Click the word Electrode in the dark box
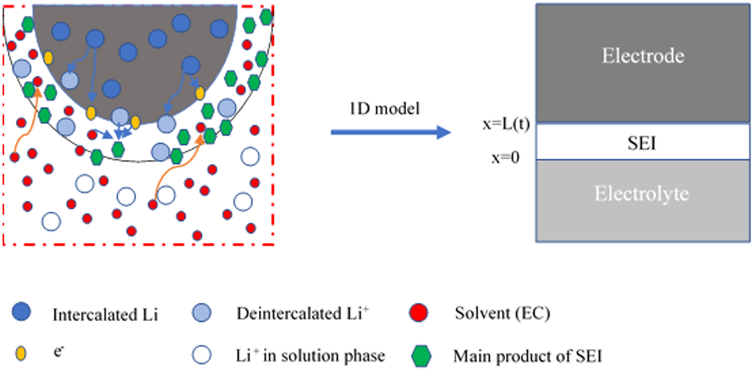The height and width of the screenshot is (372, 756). click(x=643, y=56)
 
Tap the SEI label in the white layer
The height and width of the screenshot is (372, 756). click(x=642, y=143)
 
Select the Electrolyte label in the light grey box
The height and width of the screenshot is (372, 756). click(x=642, y=194)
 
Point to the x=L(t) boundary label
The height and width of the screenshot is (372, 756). click(x=506, y=124)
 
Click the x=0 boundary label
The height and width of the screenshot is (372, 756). click(x=506, y=158)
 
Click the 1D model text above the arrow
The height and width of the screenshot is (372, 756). click(x=385, y=109)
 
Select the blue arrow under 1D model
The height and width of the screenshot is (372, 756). click(x=390, y=132)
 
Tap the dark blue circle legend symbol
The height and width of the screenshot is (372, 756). click(x=21, y=312)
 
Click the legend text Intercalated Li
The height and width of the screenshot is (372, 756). click(x=105, y=315)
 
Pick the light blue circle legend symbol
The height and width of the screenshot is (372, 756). click(x=201, y=313)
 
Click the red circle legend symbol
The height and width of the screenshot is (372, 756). click(x=418, y=313)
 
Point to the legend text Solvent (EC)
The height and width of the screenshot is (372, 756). click(x=502, y=313)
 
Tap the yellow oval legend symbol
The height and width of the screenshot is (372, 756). click(x=21, y=353)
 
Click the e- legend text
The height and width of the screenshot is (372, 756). click(x=58, y=352)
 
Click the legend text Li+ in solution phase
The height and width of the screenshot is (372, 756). click(x=310, y=356)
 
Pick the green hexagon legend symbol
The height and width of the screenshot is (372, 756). click(x=421, y=356)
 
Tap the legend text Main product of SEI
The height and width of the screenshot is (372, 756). click(x=528, y=356)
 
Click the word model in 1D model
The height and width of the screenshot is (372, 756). click(x=398, y=109)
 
